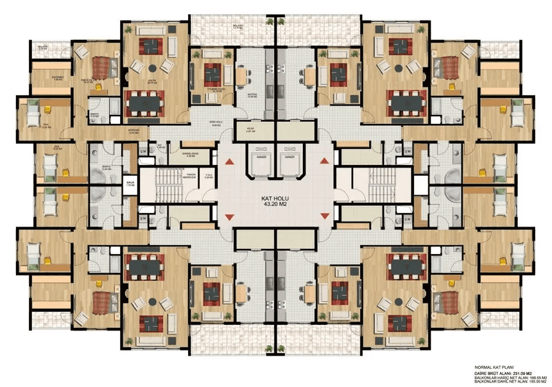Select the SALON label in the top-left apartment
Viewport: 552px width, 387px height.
click(x=153, y=81)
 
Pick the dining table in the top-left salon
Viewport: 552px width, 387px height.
click(x=145, y=101)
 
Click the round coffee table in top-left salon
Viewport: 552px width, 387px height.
click(x=152, y=67)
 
